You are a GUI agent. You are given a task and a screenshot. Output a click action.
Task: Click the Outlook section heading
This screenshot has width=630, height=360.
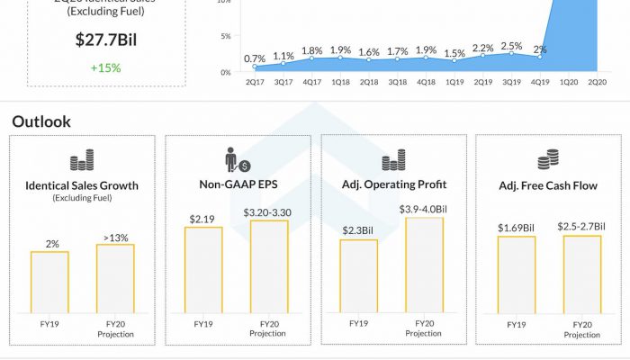[41, 121]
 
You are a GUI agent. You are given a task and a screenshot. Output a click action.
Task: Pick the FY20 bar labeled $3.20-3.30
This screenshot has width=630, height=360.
[269, 267]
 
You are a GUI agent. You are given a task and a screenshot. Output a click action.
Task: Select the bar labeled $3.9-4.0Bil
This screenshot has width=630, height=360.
[424, 265]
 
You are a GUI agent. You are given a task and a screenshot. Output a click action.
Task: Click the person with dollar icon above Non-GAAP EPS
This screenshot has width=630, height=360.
[237, 161]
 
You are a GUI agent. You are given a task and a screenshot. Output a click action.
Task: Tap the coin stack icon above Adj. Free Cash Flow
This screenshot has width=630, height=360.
[547, 161]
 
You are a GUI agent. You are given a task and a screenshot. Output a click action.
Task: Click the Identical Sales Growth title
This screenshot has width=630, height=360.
[82, 185]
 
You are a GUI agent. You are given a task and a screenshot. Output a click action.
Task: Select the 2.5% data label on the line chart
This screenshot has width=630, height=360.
[512, 45]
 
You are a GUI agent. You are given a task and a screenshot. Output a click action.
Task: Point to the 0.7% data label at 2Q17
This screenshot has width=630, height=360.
[255, 58]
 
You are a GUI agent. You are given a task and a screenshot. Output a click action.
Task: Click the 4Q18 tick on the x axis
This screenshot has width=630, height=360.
[426, 81]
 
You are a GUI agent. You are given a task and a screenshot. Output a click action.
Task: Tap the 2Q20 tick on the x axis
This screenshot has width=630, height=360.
[597, 81]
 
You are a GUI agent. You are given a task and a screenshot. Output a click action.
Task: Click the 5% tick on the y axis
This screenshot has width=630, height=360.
[226, 36]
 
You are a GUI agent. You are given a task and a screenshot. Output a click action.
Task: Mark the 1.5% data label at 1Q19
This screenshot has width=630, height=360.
[454, 53]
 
